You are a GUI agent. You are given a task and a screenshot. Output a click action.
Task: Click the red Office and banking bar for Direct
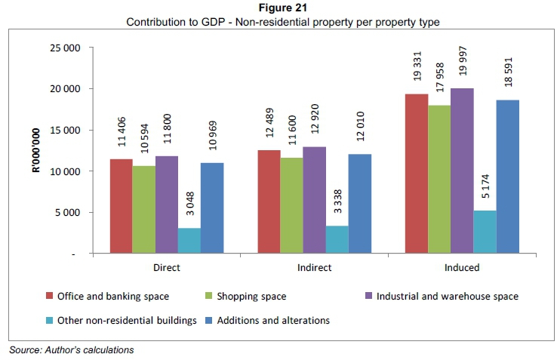(x=121, y=206)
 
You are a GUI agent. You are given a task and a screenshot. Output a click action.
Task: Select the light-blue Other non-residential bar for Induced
(x=485, y=232)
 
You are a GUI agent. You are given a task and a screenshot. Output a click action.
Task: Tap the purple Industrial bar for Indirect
(x=314, y=200)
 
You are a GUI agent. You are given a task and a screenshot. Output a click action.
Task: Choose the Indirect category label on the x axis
(x=314, y=267)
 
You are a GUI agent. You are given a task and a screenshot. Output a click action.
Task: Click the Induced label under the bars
(x=462, y=267)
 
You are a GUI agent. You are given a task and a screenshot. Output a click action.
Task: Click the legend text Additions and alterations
(x=273, y=320)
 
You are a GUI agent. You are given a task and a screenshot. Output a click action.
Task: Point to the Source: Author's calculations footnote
(x=71, y=350)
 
